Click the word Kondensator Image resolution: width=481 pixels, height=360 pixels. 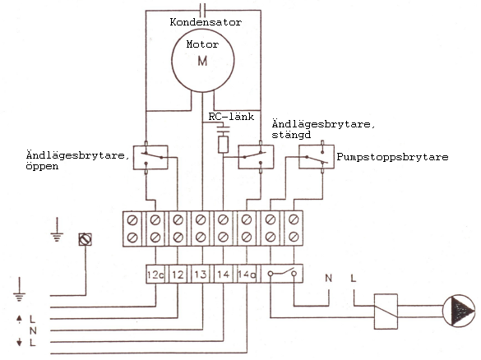(x=206, y=22)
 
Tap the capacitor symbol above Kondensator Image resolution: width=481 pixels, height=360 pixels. (x=202, y=10)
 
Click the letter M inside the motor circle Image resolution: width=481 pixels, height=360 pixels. (x=202, y=61)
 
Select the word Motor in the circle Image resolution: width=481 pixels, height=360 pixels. (x=202, y=44)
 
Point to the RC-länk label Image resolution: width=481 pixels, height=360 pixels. (x=231, y=117)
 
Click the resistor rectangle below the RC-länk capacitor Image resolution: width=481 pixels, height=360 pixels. (x=223, y=145)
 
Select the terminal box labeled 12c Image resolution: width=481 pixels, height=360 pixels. (x=155, y=274)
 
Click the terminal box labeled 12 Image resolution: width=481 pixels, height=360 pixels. (x=178, y=274)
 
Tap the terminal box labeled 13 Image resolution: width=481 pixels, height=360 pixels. (x=201, y=274)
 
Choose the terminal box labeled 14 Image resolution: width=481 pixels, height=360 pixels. (x=224, y=274)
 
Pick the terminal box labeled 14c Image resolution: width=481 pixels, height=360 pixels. (x=247, y=274)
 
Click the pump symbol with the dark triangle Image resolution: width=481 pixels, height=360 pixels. (x=459, y=311)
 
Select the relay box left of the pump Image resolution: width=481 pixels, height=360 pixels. (x=386, y=312)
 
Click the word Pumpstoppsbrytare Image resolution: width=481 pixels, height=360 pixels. (x=393, y=157)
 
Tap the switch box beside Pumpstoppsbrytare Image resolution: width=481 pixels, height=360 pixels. (x=317, y=157)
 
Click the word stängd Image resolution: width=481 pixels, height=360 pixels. (x=291, y=135)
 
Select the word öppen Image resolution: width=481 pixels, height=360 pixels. (x=42, y=167)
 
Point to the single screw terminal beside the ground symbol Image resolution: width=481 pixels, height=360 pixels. (x=86, y=239)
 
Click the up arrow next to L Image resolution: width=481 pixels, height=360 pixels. (x=20, y=319)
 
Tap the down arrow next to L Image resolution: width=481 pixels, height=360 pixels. (x=20, y=342)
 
